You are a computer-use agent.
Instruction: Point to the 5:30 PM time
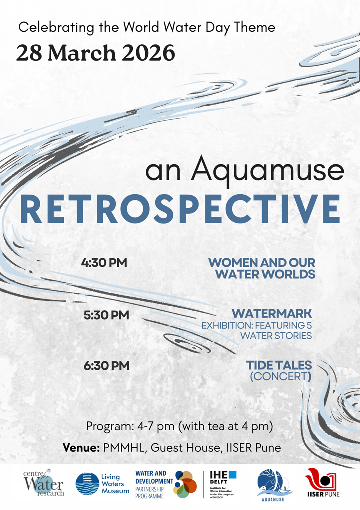(106, 315)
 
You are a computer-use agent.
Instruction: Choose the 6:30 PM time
(106, 366)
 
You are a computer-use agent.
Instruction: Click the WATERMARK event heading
(272, 314)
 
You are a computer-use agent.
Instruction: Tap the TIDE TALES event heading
(279, 365)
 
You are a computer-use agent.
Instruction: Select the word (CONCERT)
(280, 377)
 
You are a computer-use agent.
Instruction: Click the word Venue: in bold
(81, 447)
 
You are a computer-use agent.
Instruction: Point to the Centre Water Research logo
(43, 484)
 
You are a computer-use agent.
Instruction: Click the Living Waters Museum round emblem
(87, 484)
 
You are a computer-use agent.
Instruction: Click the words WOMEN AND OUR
(261, 263)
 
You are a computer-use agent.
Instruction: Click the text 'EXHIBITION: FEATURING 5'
(256, 325)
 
